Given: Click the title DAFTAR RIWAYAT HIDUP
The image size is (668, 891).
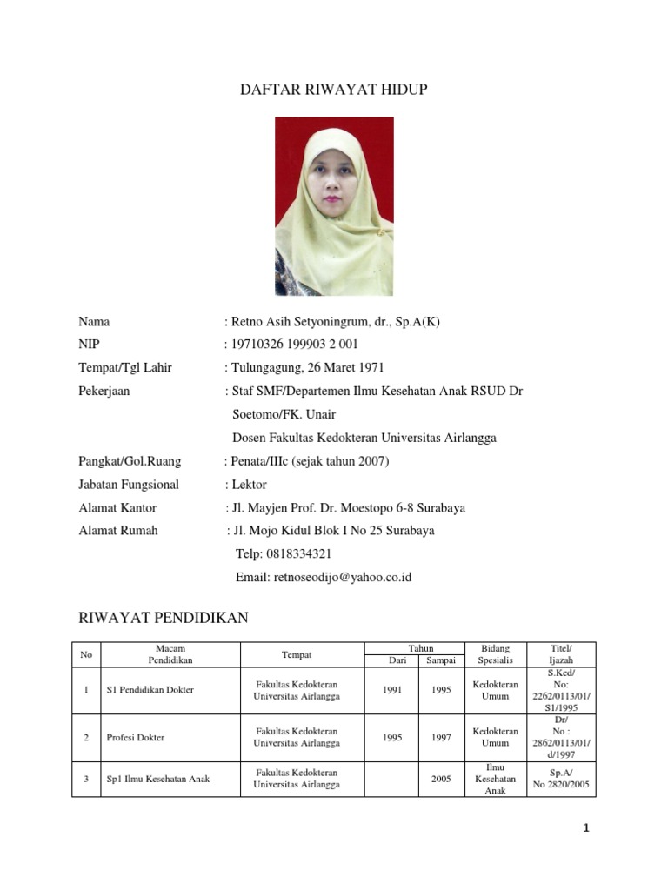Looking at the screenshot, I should (x=334, y=90).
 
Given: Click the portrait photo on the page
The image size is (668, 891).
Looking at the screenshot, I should (x=334, y=206).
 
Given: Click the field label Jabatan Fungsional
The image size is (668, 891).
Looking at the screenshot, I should (x=129, y=484).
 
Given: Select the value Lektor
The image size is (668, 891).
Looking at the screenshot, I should (x=249, y=484).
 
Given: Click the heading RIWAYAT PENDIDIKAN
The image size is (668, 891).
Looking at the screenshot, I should (x=164, y=619).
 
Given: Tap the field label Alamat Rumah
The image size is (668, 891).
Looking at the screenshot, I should (x=118, y=530).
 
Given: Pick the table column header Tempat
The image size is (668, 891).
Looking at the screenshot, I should (x=297, y=654).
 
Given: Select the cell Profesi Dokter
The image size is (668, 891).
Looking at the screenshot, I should (x=135, y=737).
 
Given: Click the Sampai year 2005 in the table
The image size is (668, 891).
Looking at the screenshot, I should (x=441, y=779).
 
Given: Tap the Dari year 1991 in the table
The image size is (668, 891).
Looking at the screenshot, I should (x=391, y=690).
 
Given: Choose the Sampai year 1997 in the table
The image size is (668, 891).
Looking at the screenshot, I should (x=441, y=737).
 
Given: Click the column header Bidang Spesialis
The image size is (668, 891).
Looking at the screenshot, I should (x=495, y=654).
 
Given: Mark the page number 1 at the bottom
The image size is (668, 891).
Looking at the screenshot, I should (x=586, y=828).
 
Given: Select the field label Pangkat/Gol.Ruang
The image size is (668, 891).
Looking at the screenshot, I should (x=131, y=461).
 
